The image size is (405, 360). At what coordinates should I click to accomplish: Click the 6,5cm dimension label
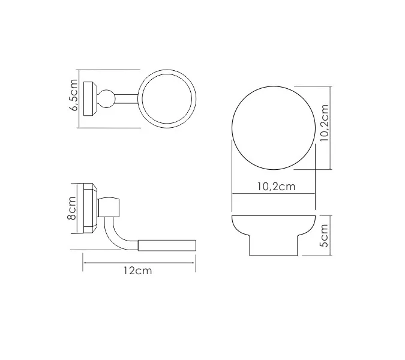pos(74,95)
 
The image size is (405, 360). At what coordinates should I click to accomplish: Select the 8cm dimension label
pos(72,209)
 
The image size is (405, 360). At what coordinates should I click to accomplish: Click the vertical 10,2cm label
pos(325,123)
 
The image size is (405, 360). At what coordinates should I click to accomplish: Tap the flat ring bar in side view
pos(168,244)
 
